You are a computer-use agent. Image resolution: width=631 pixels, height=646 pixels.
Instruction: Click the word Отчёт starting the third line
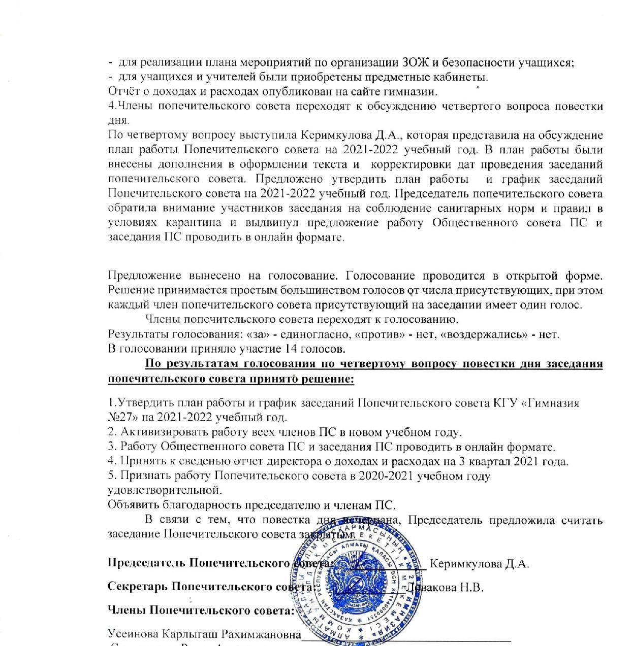pyautogui.click(x=122, y=92)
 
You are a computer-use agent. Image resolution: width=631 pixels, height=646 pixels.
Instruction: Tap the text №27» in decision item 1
pyautogui.click(x=122, y=418)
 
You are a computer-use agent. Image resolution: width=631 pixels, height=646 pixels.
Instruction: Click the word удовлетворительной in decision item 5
pyautogui.click(x=165, y=491)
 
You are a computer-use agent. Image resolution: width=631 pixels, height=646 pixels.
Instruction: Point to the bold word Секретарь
pyautogui.click(x=137, y=587)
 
